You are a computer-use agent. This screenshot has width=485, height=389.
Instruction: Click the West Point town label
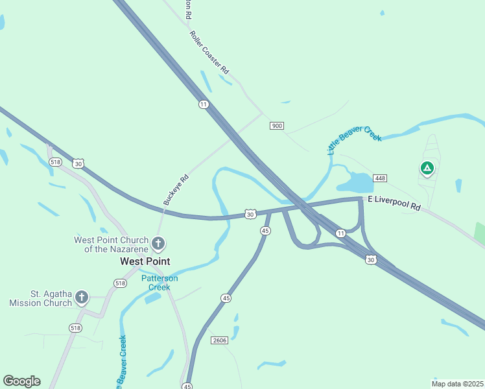pyautogui.click(x=145, y=261)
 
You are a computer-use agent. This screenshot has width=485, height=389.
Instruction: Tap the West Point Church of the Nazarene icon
pyautogui.click(x=158, y=244)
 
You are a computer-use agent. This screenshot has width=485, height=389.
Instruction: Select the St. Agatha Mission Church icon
pyautogui.click(x=81, y=298)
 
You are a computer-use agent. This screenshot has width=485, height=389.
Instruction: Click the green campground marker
pyautogui.click(x=427, y=169)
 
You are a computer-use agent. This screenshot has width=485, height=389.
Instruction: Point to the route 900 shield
pyautogui.click(x=277, y=126)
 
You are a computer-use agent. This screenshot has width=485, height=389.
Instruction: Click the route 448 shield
pyautogui.click(x=380, y=178)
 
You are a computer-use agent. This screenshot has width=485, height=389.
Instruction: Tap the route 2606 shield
pyautogui.click(x=219, y=340)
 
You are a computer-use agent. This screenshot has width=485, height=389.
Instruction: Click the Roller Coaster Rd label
pyautogui.click(x=210, y=52)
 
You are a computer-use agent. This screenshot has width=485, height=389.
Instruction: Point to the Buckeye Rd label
pyautogui.click(x=176, y=189)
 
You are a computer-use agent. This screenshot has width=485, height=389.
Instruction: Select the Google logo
pyautogui.click(x=21, y=381)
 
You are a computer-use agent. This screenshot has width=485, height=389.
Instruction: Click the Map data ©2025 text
pyautogui.click(x=457, y=384)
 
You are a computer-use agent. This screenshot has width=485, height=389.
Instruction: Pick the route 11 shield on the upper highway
pyautogui.click(x=204, y=104)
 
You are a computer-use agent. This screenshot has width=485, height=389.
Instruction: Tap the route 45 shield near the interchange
pyautogui.click(x=265, y=231)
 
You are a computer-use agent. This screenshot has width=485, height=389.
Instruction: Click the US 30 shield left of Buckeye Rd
pyautogui.click(x=78, y=164)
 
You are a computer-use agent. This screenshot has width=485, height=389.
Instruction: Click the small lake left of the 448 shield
pyautogui.click(x=354, y=182)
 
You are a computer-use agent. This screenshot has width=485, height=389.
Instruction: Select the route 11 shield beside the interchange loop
pyautogui.click(x=340, y=233)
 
